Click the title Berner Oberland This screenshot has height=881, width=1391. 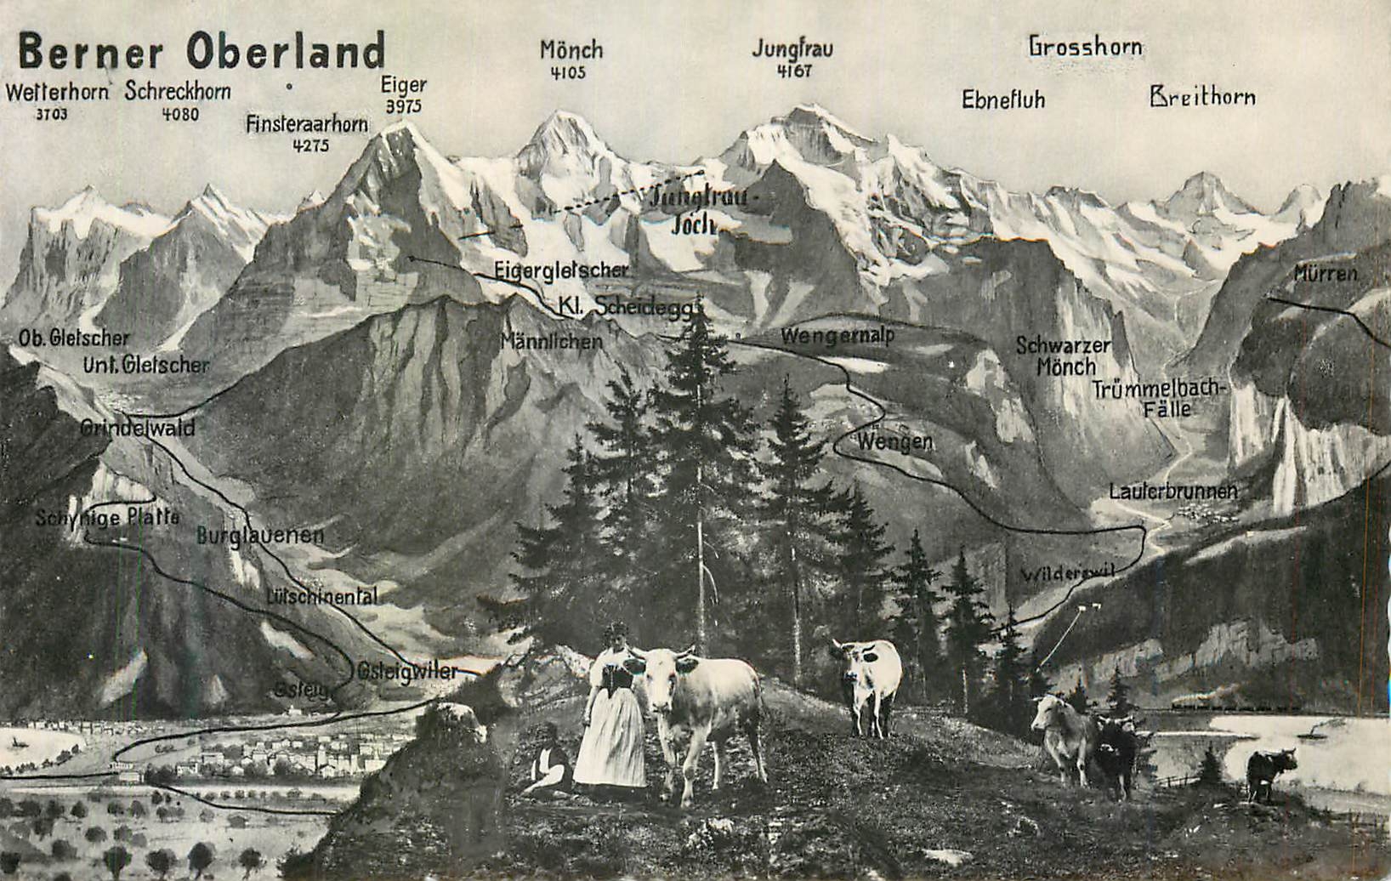202,51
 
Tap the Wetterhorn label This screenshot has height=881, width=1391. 57,92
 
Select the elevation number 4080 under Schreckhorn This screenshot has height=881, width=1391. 179,113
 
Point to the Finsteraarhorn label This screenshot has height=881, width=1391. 307,124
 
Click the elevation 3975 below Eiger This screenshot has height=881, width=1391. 403,106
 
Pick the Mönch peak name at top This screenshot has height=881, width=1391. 571,50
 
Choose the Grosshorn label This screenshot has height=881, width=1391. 1085,46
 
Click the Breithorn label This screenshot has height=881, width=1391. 1201,96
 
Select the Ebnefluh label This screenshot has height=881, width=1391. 1002,99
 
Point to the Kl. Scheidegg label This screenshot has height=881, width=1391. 627,306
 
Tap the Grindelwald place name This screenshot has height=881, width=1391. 138,428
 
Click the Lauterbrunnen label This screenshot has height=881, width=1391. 1172,492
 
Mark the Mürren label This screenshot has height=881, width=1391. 1326,274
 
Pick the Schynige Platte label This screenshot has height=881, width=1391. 108,517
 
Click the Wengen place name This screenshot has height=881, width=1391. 894,442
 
